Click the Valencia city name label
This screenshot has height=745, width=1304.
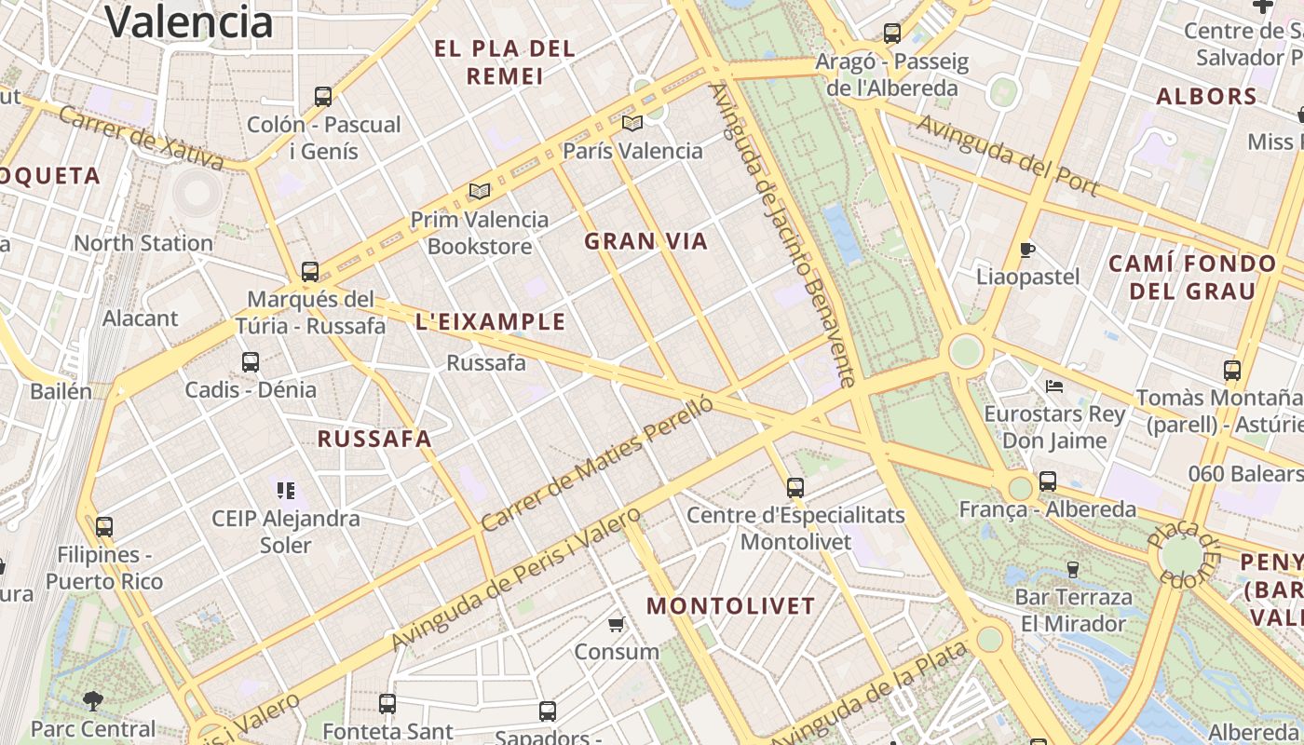(x=189, y=22)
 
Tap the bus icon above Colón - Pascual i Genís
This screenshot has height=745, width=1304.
(x=323, y=96)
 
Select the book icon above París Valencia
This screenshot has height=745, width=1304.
(x=632, y=123)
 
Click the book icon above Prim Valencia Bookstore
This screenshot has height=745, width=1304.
(x=480, y=191)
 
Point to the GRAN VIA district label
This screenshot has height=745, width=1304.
(x=645, y=242)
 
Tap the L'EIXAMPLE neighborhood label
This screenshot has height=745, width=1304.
(x=490, y=322)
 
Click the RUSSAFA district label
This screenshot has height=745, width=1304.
(x=374, y=440)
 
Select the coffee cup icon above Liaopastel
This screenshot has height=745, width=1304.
(x=1027, y=250)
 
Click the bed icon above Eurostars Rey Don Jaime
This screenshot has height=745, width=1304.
(x=1054, y=386)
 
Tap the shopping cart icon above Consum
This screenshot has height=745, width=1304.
(x=616, y=624)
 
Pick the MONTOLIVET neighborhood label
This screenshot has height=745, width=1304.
(x=731, y=606)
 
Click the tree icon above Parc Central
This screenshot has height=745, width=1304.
(x=92, y=700)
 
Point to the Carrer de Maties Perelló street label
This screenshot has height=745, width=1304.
(x=597, y=464)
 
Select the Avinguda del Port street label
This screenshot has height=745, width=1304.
(x=1008, y=156)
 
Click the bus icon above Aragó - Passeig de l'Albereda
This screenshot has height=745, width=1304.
(x=892, y=34)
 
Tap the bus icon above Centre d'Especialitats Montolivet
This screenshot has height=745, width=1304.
(x=795, y=487)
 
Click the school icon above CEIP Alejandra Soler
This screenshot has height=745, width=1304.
(x=286, y=490)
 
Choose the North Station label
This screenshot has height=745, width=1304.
(x=143, y=243)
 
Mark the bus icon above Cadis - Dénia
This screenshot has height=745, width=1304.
(x=251, y=362)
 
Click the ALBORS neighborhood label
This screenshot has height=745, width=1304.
(x=1206, y=96)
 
